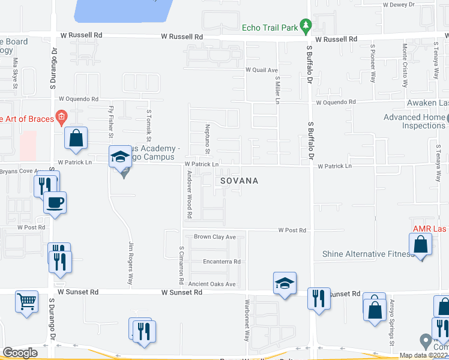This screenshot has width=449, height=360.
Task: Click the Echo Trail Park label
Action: (x=270, y=27)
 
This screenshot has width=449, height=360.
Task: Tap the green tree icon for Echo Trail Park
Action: (x=306, y=25)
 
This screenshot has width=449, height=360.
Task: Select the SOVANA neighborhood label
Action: (x=239, y=181)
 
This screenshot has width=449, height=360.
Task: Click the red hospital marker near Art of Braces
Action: (x=60, y=116)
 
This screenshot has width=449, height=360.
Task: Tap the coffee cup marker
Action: (x=55, y=202)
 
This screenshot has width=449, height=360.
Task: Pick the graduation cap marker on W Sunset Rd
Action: (x=285, y=283)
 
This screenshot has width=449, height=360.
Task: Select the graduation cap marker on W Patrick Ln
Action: (x=120, y=157)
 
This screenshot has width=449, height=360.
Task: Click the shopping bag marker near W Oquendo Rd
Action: (x=76, y=138)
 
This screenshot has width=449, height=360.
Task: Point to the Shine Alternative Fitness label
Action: (x=368, y=254)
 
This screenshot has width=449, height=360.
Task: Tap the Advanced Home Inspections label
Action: (x=415, y=122)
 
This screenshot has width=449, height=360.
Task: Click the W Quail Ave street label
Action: (x=261, y=70)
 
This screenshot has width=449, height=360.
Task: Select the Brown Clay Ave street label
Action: (x=215, y=237)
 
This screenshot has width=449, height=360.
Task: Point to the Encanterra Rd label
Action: (x=221, y=262)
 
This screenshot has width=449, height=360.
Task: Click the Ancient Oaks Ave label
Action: (x=212, y=284)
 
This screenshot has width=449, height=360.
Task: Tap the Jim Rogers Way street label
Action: (x=130, y=263)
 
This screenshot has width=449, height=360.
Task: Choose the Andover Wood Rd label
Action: (x=189, y=194)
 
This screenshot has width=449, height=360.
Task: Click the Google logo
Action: (x=20, y=353)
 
